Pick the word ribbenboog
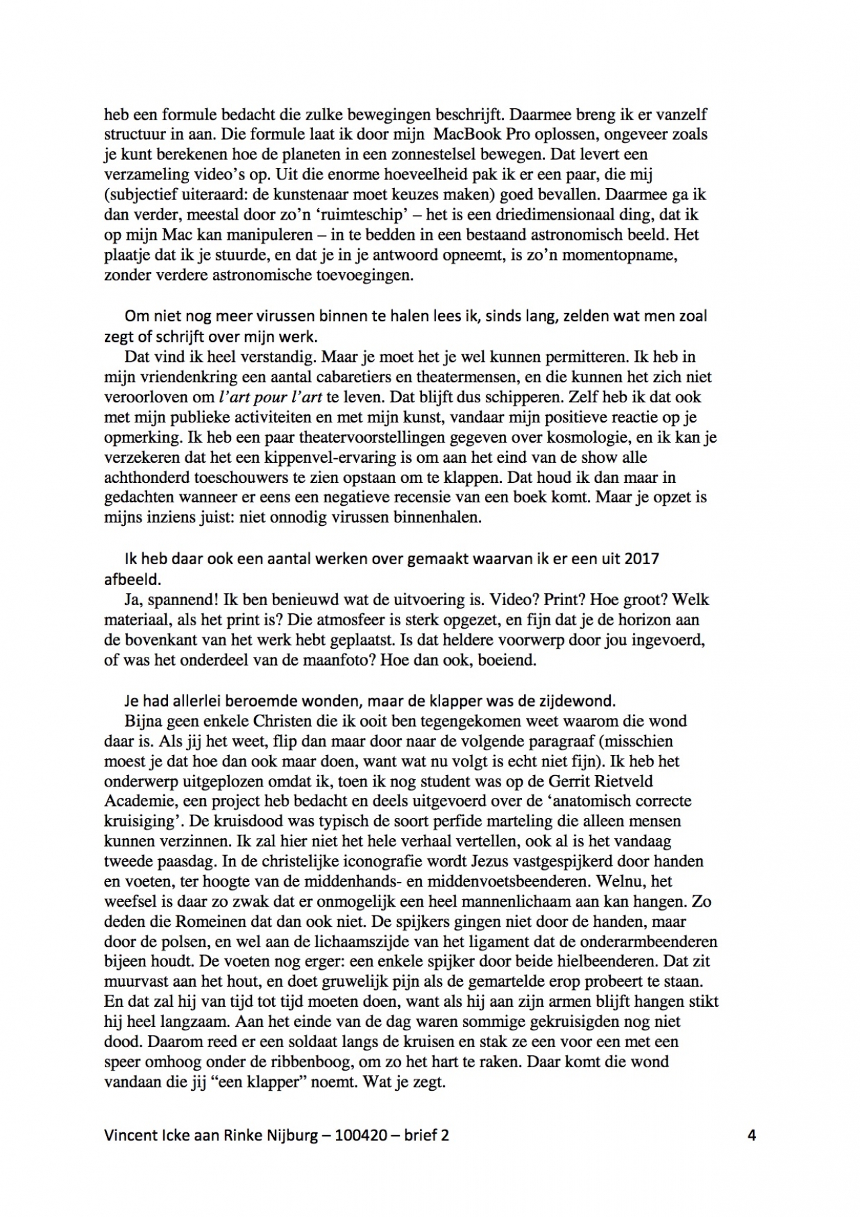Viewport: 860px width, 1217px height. tap(312, 1062)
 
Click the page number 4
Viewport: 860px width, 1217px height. tap(751, 1135)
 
